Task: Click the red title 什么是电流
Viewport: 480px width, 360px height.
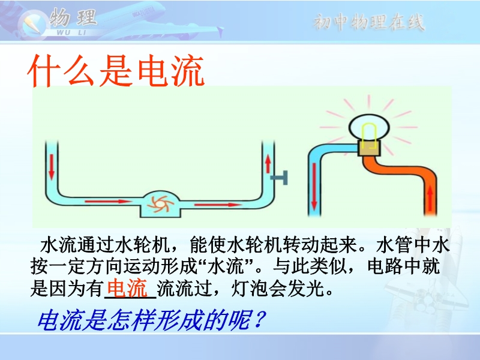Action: tap(116, 70)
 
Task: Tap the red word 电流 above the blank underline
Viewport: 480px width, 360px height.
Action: tap(127, 287)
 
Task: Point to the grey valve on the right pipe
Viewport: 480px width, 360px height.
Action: tap(280, 178)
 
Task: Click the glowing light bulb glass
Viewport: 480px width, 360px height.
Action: tap(370, 127)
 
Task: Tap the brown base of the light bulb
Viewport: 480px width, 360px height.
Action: tap(369, 148)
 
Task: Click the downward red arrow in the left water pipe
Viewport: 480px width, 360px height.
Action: tap(52, 167)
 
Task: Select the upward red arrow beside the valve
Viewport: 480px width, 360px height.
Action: tap(268, 164)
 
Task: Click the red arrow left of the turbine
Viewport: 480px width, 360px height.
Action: tap(109, 202)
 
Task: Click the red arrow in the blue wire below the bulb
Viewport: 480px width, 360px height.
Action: tap(314, 187)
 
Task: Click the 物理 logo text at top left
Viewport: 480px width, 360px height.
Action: tap(73, 17)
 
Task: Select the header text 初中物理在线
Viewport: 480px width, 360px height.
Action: tap(369, 22)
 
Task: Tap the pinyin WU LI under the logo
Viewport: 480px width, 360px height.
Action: tap(71, 32)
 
